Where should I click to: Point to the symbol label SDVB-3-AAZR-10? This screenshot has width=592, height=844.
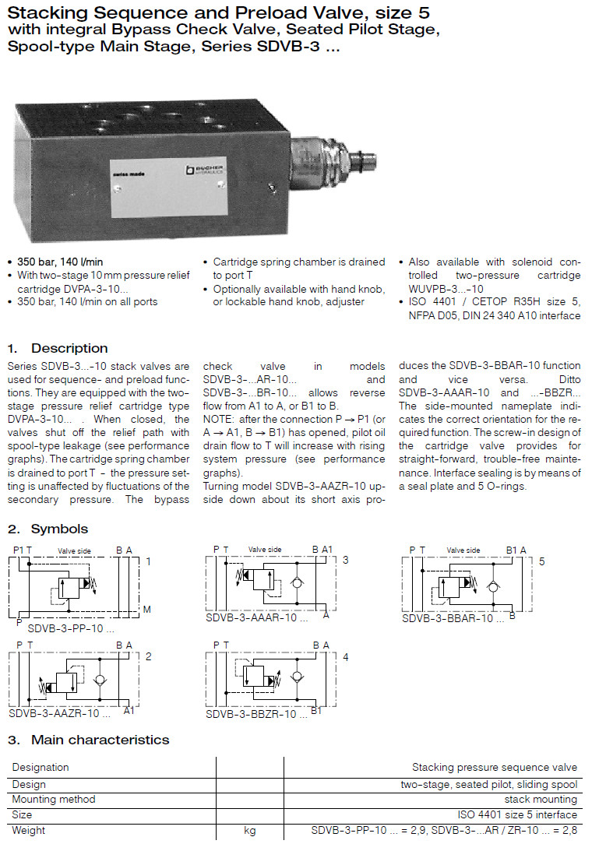click(54, 713)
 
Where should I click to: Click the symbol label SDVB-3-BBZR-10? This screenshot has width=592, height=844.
click(251, 713)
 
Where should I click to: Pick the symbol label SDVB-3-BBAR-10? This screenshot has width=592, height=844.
click(447, 618)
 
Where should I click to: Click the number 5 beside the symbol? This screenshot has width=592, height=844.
click(541, 561)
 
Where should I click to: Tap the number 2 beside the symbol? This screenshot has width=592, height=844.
click(148, 656)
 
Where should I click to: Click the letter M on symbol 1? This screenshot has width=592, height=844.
click(146, 609)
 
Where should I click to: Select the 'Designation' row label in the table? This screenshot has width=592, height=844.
click(41, 768)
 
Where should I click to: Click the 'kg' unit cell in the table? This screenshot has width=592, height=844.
click(249, 831)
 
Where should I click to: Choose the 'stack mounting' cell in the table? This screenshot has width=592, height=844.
click(541, 800)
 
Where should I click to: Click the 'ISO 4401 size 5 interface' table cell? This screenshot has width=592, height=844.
click(517, 815)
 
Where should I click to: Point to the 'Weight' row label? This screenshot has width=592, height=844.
click(29, 831)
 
